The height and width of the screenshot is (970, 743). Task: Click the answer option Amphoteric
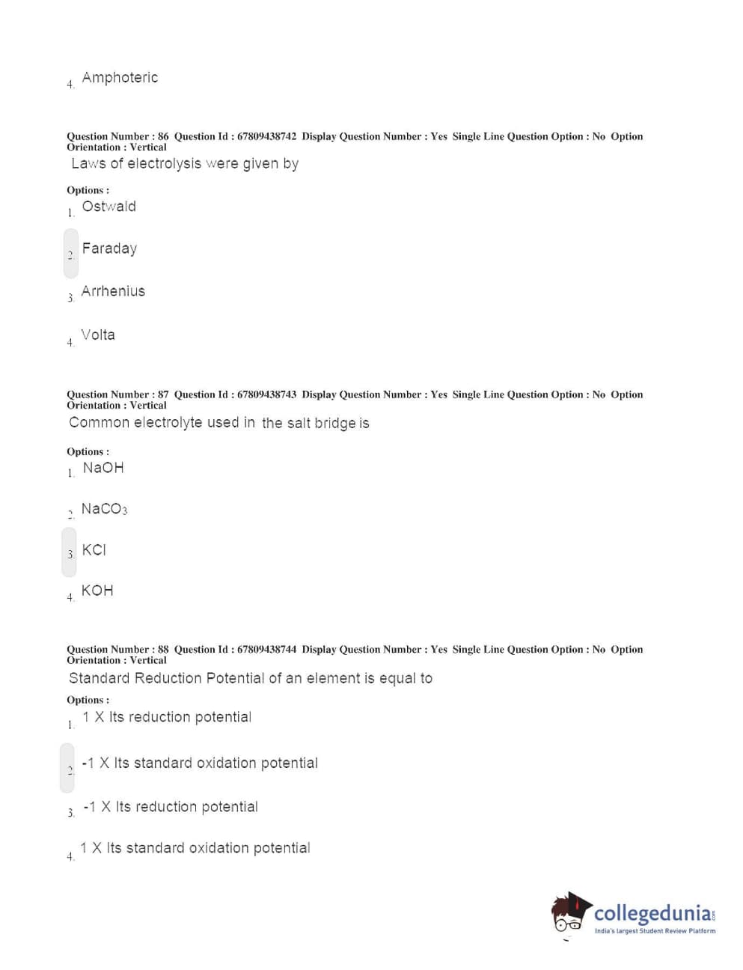(x=120, y=78)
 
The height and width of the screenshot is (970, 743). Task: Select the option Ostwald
(x=108, y=207)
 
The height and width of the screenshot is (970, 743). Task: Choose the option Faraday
(x=109, y=248)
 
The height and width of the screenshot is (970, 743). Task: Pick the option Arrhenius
(x=113, y=291)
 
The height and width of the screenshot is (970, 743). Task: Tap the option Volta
(x=98, y=335)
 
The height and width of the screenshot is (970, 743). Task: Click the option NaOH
(x=103, y=468)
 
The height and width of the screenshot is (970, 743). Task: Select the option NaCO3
(x=104, y=509)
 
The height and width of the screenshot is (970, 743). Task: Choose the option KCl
(x=94, y=550)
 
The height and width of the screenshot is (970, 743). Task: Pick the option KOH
(x=97, y=591)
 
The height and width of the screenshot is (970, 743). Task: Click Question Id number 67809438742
(x=266, y=136)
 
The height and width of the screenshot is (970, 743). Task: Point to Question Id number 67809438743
(x=266, y=394)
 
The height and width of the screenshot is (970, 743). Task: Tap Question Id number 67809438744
(x=266, y=650)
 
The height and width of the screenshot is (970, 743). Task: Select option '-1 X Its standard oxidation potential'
(x=200, y=763)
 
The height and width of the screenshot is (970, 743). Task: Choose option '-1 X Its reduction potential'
(x=171, y=807)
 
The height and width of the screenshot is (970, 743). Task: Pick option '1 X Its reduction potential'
(x=167, y=717)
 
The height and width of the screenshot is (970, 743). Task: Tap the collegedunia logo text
(x=652, y=913)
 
